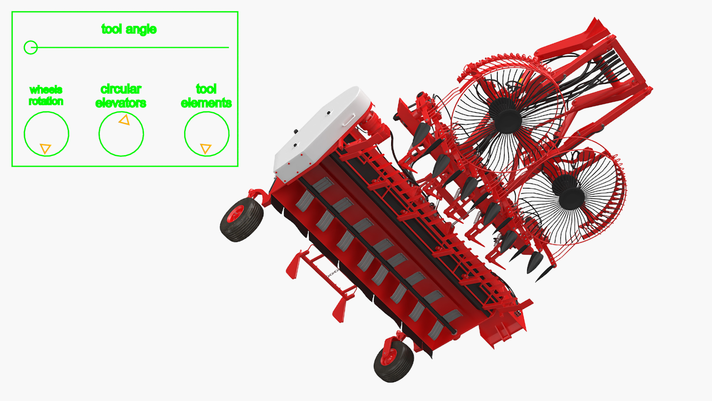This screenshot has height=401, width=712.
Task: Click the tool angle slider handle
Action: [x=31, y=48]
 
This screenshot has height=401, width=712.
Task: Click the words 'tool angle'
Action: [x=129, y=29]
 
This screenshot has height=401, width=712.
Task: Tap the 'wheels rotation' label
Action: [x=46, y=95]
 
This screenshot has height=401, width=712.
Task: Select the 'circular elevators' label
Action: [x=121, y=96]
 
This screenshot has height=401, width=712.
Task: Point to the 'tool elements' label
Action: [x=206, y=96]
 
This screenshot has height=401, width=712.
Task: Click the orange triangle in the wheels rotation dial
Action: [x=45, y=149]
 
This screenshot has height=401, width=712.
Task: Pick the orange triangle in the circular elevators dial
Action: [x=125, y=120]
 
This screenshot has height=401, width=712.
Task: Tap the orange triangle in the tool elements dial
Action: [x=205, y=149]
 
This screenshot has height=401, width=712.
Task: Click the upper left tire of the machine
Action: [x=241, y=219]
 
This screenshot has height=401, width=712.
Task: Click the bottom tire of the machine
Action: [x=393, y=361]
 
